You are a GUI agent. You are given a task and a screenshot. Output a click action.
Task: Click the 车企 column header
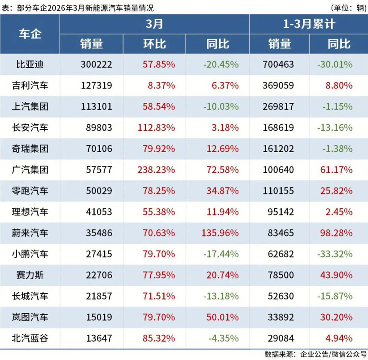(30, 34)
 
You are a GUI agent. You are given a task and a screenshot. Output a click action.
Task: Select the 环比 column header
(154, 44)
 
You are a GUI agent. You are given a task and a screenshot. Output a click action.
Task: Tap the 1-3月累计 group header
(308, 24)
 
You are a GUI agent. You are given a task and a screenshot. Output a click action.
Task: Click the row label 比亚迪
(30, 64)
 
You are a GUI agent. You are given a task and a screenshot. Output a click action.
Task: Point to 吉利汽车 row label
(30, 85)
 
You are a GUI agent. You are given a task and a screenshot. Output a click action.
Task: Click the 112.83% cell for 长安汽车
(157, 127)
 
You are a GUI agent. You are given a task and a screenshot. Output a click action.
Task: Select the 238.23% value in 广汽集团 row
(157, 170)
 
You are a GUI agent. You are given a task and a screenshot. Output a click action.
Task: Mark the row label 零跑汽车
(30, 191)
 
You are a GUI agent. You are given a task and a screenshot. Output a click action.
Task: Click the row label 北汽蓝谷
(30, 338)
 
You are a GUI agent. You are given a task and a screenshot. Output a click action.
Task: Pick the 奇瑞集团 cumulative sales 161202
(278, 149)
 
